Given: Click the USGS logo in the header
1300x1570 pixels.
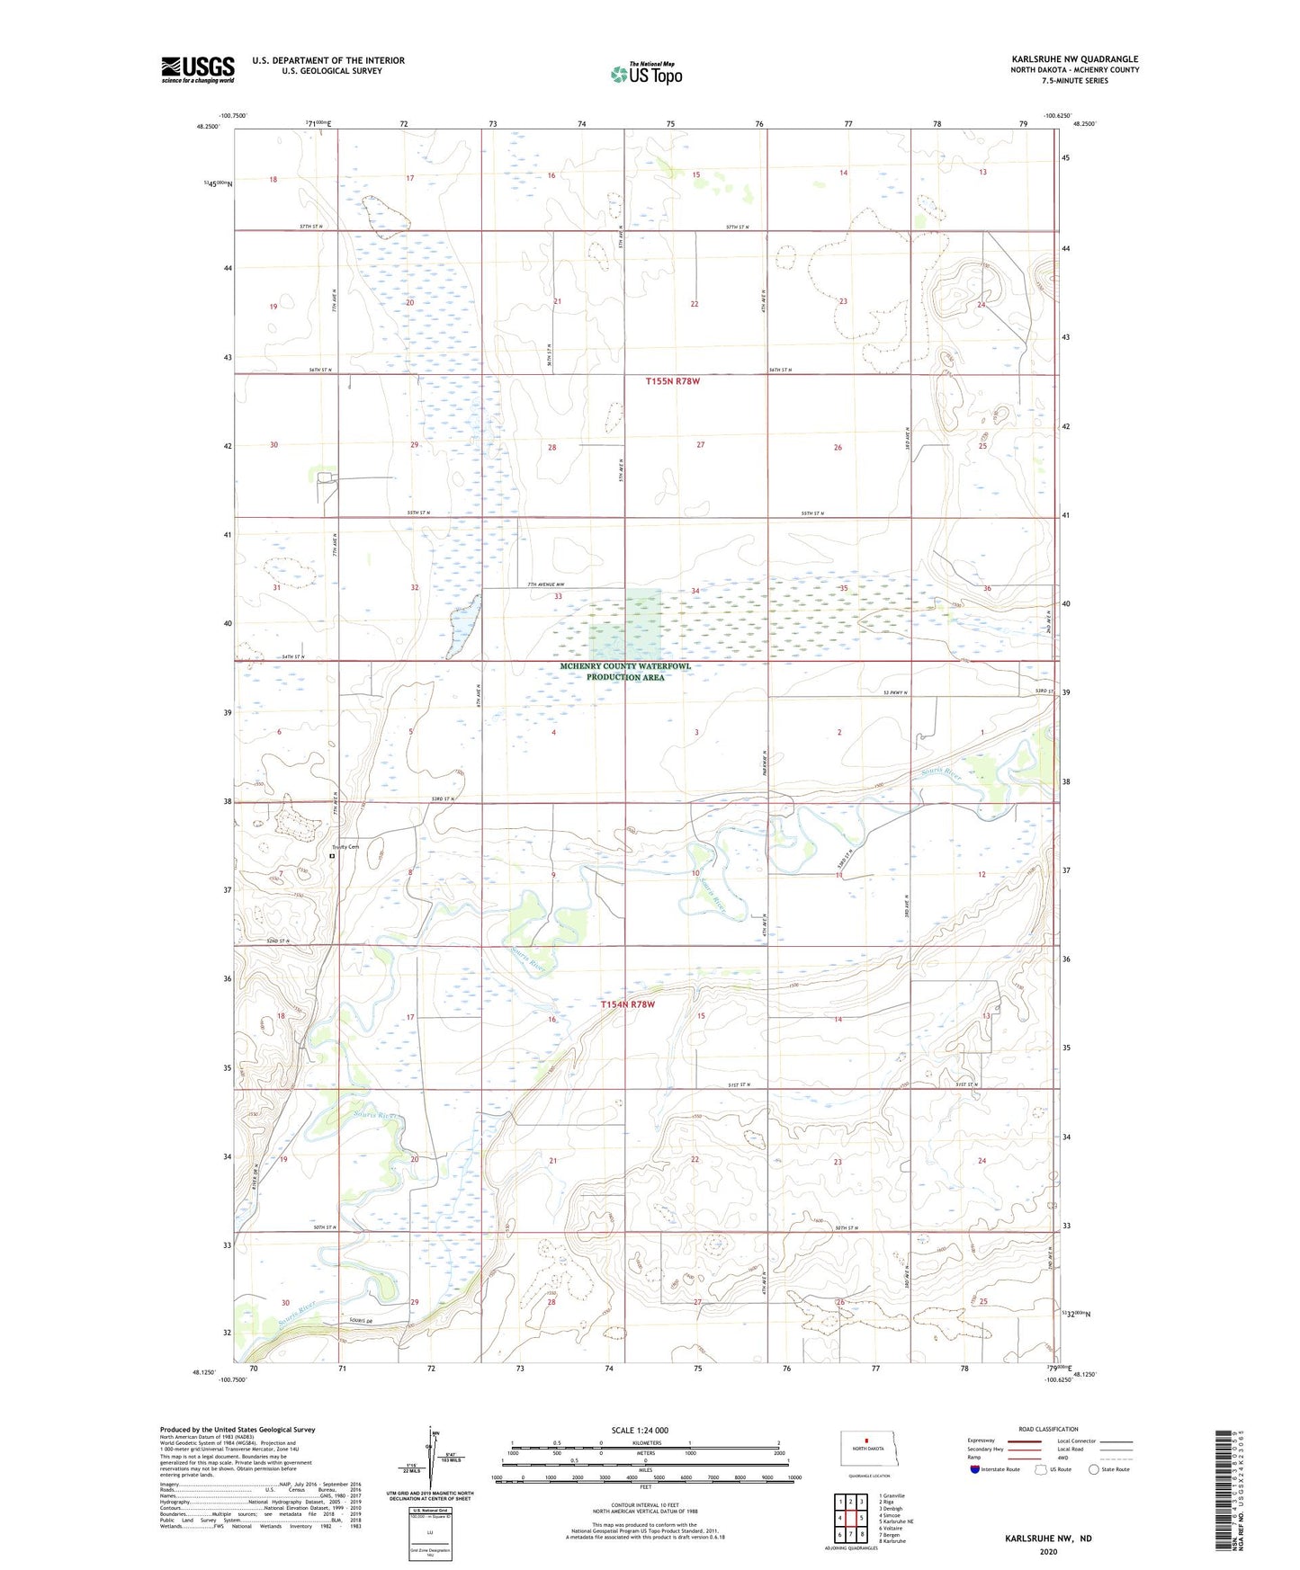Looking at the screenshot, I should coord(198,69).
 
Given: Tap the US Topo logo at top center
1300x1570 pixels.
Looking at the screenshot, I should coord(646,74).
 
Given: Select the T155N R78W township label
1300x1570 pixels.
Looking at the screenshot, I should coord(673,381).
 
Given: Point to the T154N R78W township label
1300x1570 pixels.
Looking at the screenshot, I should coord(628,1004).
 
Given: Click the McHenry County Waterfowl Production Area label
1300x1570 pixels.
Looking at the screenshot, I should coord(625,672).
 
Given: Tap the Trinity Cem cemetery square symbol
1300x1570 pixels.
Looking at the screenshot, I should coord(332,857).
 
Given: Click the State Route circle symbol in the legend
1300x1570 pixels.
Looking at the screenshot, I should coord(1093,1469).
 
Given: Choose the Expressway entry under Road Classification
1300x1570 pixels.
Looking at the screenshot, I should coord(981,1441).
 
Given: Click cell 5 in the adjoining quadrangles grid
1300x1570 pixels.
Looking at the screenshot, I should coord(861,1518).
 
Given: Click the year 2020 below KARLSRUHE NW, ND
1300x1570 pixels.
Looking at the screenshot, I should coord(1048,1551).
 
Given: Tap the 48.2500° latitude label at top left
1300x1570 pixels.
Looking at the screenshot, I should coord(208,127).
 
